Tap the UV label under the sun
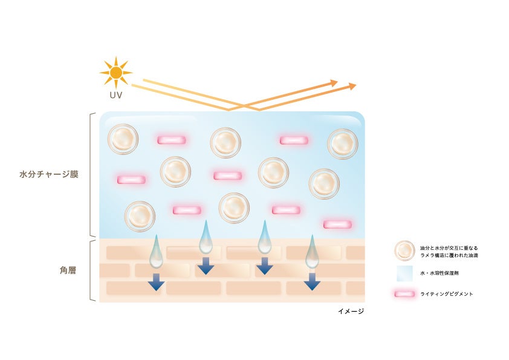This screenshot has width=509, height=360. pyautogui.click(x=115, y=96)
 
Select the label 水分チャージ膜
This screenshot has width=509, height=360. pyautogui.click(x=49, y=174)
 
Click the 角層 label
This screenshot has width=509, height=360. pyautogui.click(x=60, y=270)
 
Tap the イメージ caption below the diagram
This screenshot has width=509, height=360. pyautogui.click(x=351, y=311)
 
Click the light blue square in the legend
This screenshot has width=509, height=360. pyautogui.click(x=404, y=273)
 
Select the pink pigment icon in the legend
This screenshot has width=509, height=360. pyautogui.click(x=404, y=294)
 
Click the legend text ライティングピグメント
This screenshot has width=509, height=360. pyautogui.click(x=446, y=294)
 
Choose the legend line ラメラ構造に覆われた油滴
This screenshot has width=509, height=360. pyautogui.click(x=449, y=256)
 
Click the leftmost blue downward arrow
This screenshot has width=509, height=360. pyautogui.click(x=156, y=281)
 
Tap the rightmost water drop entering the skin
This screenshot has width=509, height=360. pyautogui.click(x=312, y=253)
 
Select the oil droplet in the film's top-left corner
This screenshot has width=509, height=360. pyautogui.click(x=123, y=139)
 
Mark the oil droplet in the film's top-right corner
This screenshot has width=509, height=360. pyautogui.click(x=342, y=143)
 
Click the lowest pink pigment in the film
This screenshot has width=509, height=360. pyautogui.click(x=337, y=224)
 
